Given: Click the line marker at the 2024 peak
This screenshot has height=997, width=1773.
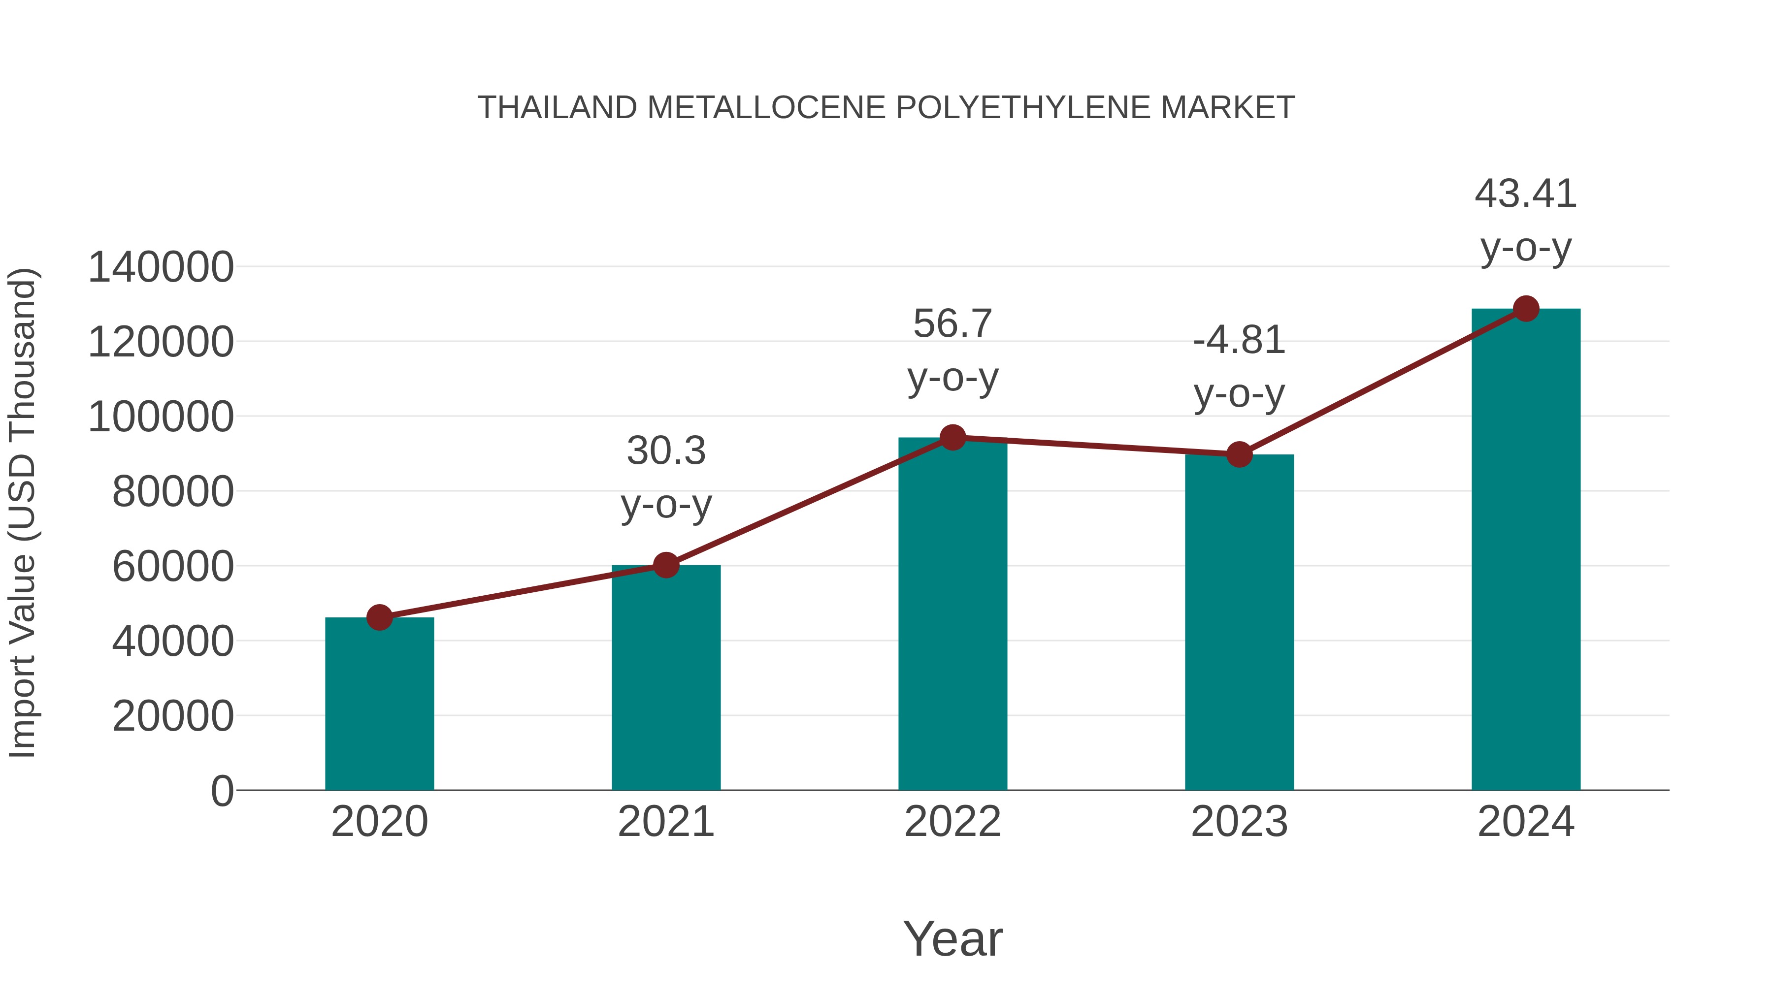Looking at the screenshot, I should [1526, 309].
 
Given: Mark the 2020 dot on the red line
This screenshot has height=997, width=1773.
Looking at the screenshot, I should [379, 617].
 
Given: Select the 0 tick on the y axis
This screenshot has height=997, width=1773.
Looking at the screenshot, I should [222, 791].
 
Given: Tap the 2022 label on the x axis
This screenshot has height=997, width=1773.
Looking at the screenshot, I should [952, 822].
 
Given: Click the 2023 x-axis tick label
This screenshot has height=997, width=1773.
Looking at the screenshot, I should [1239, 822].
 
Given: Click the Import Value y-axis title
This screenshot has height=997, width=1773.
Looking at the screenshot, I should [22, 513].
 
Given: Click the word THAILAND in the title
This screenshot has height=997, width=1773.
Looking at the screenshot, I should [558, 108].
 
